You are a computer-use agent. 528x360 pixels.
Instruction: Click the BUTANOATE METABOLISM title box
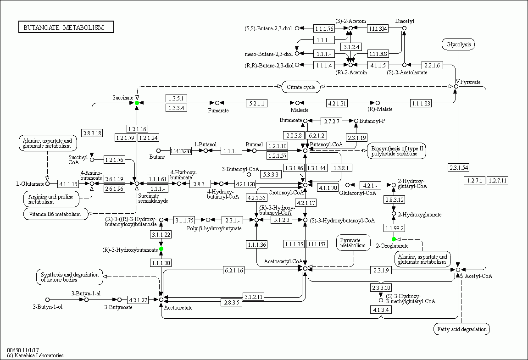coord(66,28)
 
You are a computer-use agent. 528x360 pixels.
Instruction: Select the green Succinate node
coord(137,103)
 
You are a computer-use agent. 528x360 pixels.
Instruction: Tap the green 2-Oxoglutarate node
coord(394,239)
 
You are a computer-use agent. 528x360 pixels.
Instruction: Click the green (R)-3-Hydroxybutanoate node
coord(161,249)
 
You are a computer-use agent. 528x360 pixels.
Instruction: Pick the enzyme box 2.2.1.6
coord(432,65)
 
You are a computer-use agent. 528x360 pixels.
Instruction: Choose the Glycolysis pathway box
coord(458,44)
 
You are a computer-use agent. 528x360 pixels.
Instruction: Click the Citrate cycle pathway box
coord(300,87)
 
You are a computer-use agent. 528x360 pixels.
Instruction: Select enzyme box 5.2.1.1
coord(256,103)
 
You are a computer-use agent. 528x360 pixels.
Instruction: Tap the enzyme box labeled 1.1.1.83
coord(421,103)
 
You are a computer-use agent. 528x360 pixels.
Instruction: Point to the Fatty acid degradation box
coord(461,329)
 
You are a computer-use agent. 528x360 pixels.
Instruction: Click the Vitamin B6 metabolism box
coord(56,214)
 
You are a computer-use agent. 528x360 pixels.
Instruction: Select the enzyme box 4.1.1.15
coord(68,184)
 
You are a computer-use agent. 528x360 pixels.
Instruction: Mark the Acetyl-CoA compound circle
coord(458,270)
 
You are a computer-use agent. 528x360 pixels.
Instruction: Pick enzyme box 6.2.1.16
coord(233,270)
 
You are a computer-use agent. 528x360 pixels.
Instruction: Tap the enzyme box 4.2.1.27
coord(137,300)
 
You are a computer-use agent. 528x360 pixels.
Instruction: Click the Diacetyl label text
coord(405,21)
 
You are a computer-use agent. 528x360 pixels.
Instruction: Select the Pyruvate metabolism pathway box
coord(353,243)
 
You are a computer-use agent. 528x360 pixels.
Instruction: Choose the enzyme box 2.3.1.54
coord(458,168)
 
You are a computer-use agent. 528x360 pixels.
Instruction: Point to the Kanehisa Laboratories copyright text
coord(35,355)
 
